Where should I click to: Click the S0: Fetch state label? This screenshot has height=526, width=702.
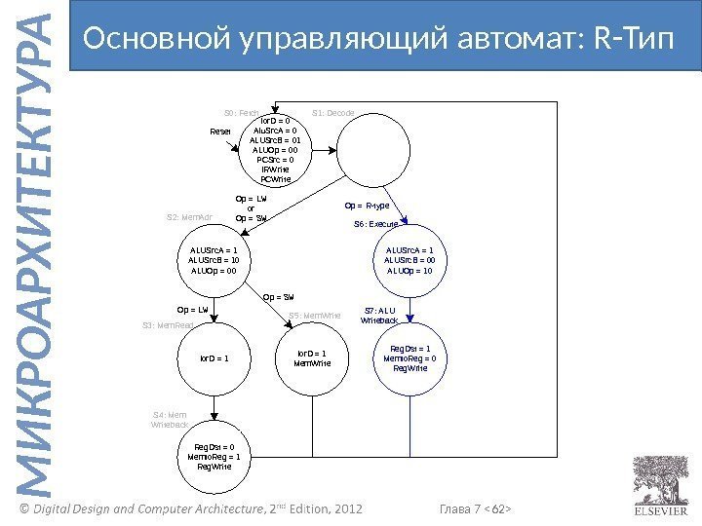(241, 114)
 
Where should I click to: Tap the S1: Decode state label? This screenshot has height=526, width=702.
(332, 114)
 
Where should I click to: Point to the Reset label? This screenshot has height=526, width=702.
(222, 131)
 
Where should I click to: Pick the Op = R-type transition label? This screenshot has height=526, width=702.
(368, 207)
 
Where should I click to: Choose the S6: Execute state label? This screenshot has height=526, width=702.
(374, 224)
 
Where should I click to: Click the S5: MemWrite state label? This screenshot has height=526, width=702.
(314, 316)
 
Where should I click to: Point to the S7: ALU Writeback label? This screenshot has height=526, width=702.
(379, 315)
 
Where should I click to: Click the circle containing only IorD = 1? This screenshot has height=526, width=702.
(214, 358)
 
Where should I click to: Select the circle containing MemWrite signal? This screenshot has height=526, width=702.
(312, 358)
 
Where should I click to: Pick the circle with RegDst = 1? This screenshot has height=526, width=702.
(409, 358)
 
